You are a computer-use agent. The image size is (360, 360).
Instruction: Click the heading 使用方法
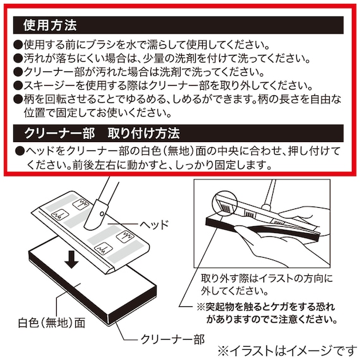pyautogui.click(x=50, y=25)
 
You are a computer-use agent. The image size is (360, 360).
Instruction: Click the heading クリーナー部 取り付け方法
pyautogui.click(x=102, y=133)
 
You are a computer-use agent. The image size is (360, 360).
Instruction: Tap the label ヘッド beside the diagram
pyautogui.click(x=154, y=224)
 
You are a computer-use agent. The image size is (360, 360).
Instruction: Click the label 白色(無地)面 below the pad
pyautogui.click(x=52, y=322)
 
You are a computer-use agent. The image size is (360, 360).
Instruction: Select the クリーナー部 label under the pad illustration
pyautogui.click(x=172, y=339)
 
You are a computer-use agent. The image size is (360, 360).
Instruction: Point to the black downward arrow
pyautogui.click(x=71, y=260)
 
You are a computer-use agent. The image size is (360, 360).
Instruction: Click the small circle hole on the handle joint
pyautogui.click(x=102, y=214)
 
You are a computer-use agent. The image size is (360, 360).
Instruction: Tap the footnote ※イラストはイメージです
pyautogui.click(x=287, y=351)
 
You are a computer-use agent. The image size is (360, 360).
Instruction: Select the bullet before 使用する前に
pyautogui.click(x=18, y=45)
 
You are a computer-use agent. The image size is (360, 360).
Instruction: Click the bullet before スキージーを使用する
pyautogui.click(x=18, y=86)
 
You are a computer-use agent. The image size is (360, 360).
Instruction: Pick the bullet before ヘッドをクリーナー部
pyautogui.click(x=20, y=152)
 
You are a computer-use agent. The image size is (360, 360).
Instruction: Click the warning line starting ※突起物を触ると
pyautogui.click(x=266, y=307)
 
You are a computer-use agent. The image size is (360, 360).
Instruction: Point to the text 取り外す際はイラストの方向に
pyautogui.click(x=267, y=279)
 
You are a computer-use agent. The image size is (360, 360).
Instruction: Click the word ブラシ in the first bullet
pyautogui.click(x=104, y=45)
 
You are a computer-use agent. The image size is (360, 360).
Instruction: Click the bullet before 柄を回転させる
pyautogui.click(x=18, y=99)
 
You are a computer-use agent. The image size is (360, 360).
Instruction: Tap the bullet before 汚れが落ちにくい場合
pyautogui.click(x=18, y=58)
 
